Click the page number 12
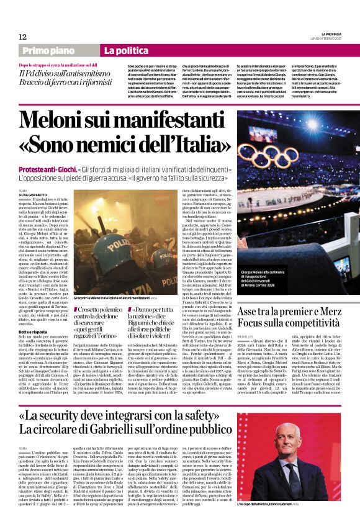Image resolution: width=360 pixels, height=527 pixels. click(x=23, y=37)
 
